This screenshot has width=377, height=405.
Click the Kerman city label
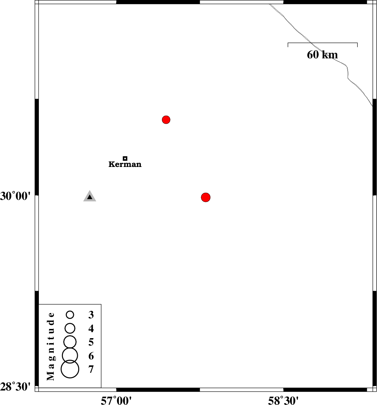[x=125, y=164]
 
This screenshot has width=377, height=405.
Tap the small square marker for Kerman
[x=125, y=158]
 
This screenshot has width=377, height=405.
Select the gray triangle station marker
[x=89, y=196]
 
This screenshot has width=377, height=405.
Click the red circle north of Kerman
[x=166, y=120]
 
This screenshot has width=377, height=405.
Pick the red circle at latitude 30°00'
[x=205, y=197]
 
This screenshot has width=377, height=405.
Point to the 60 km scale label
[x=322, y=55]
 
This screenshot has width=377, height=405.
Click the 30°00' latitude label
[x=15, y=196]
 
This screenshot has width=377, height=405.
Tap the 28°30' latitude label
[x=15, y=387]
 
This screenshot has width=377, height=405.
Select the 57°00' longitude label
[x=116, y=400]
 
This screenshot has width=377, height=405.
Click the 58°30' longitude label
[x=283, y=400]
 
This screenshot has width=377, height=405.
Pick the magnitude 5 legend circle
[x=70, y=336]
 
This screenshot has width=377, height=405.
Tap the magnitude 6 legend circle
[x=70, y=348]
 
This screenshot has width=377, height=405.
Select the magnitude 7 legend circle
[x=70, y=360]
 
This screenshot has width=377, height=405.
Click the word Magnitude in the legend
[x=51, y=346]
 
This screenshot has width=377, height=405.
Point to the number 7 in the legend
[x=91, y=369]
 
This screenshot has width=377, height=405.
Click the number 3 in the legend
[x=91, y=314]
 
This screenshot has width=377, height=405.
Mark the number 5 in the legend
[x=91, y=342]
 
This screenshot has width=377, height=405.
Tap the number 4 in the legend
[x=91, y=328]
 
